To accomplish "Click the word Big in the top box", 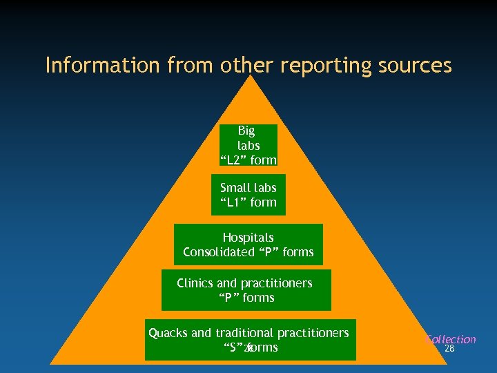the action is [246, 131].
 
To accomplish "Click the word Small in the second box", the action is [235, 188].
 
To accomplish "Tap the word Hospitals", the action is [248, 238].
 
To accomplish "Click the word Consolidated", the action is [218, 252].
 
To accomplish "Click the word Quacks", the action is [168, 333].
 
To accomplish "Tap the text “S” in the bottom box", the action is [231, 347].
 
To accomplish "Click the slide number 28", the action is [449, 349].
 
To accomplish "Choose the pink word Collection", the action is [451, 339].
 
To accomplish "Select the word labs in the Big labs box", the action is [248, 145].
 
